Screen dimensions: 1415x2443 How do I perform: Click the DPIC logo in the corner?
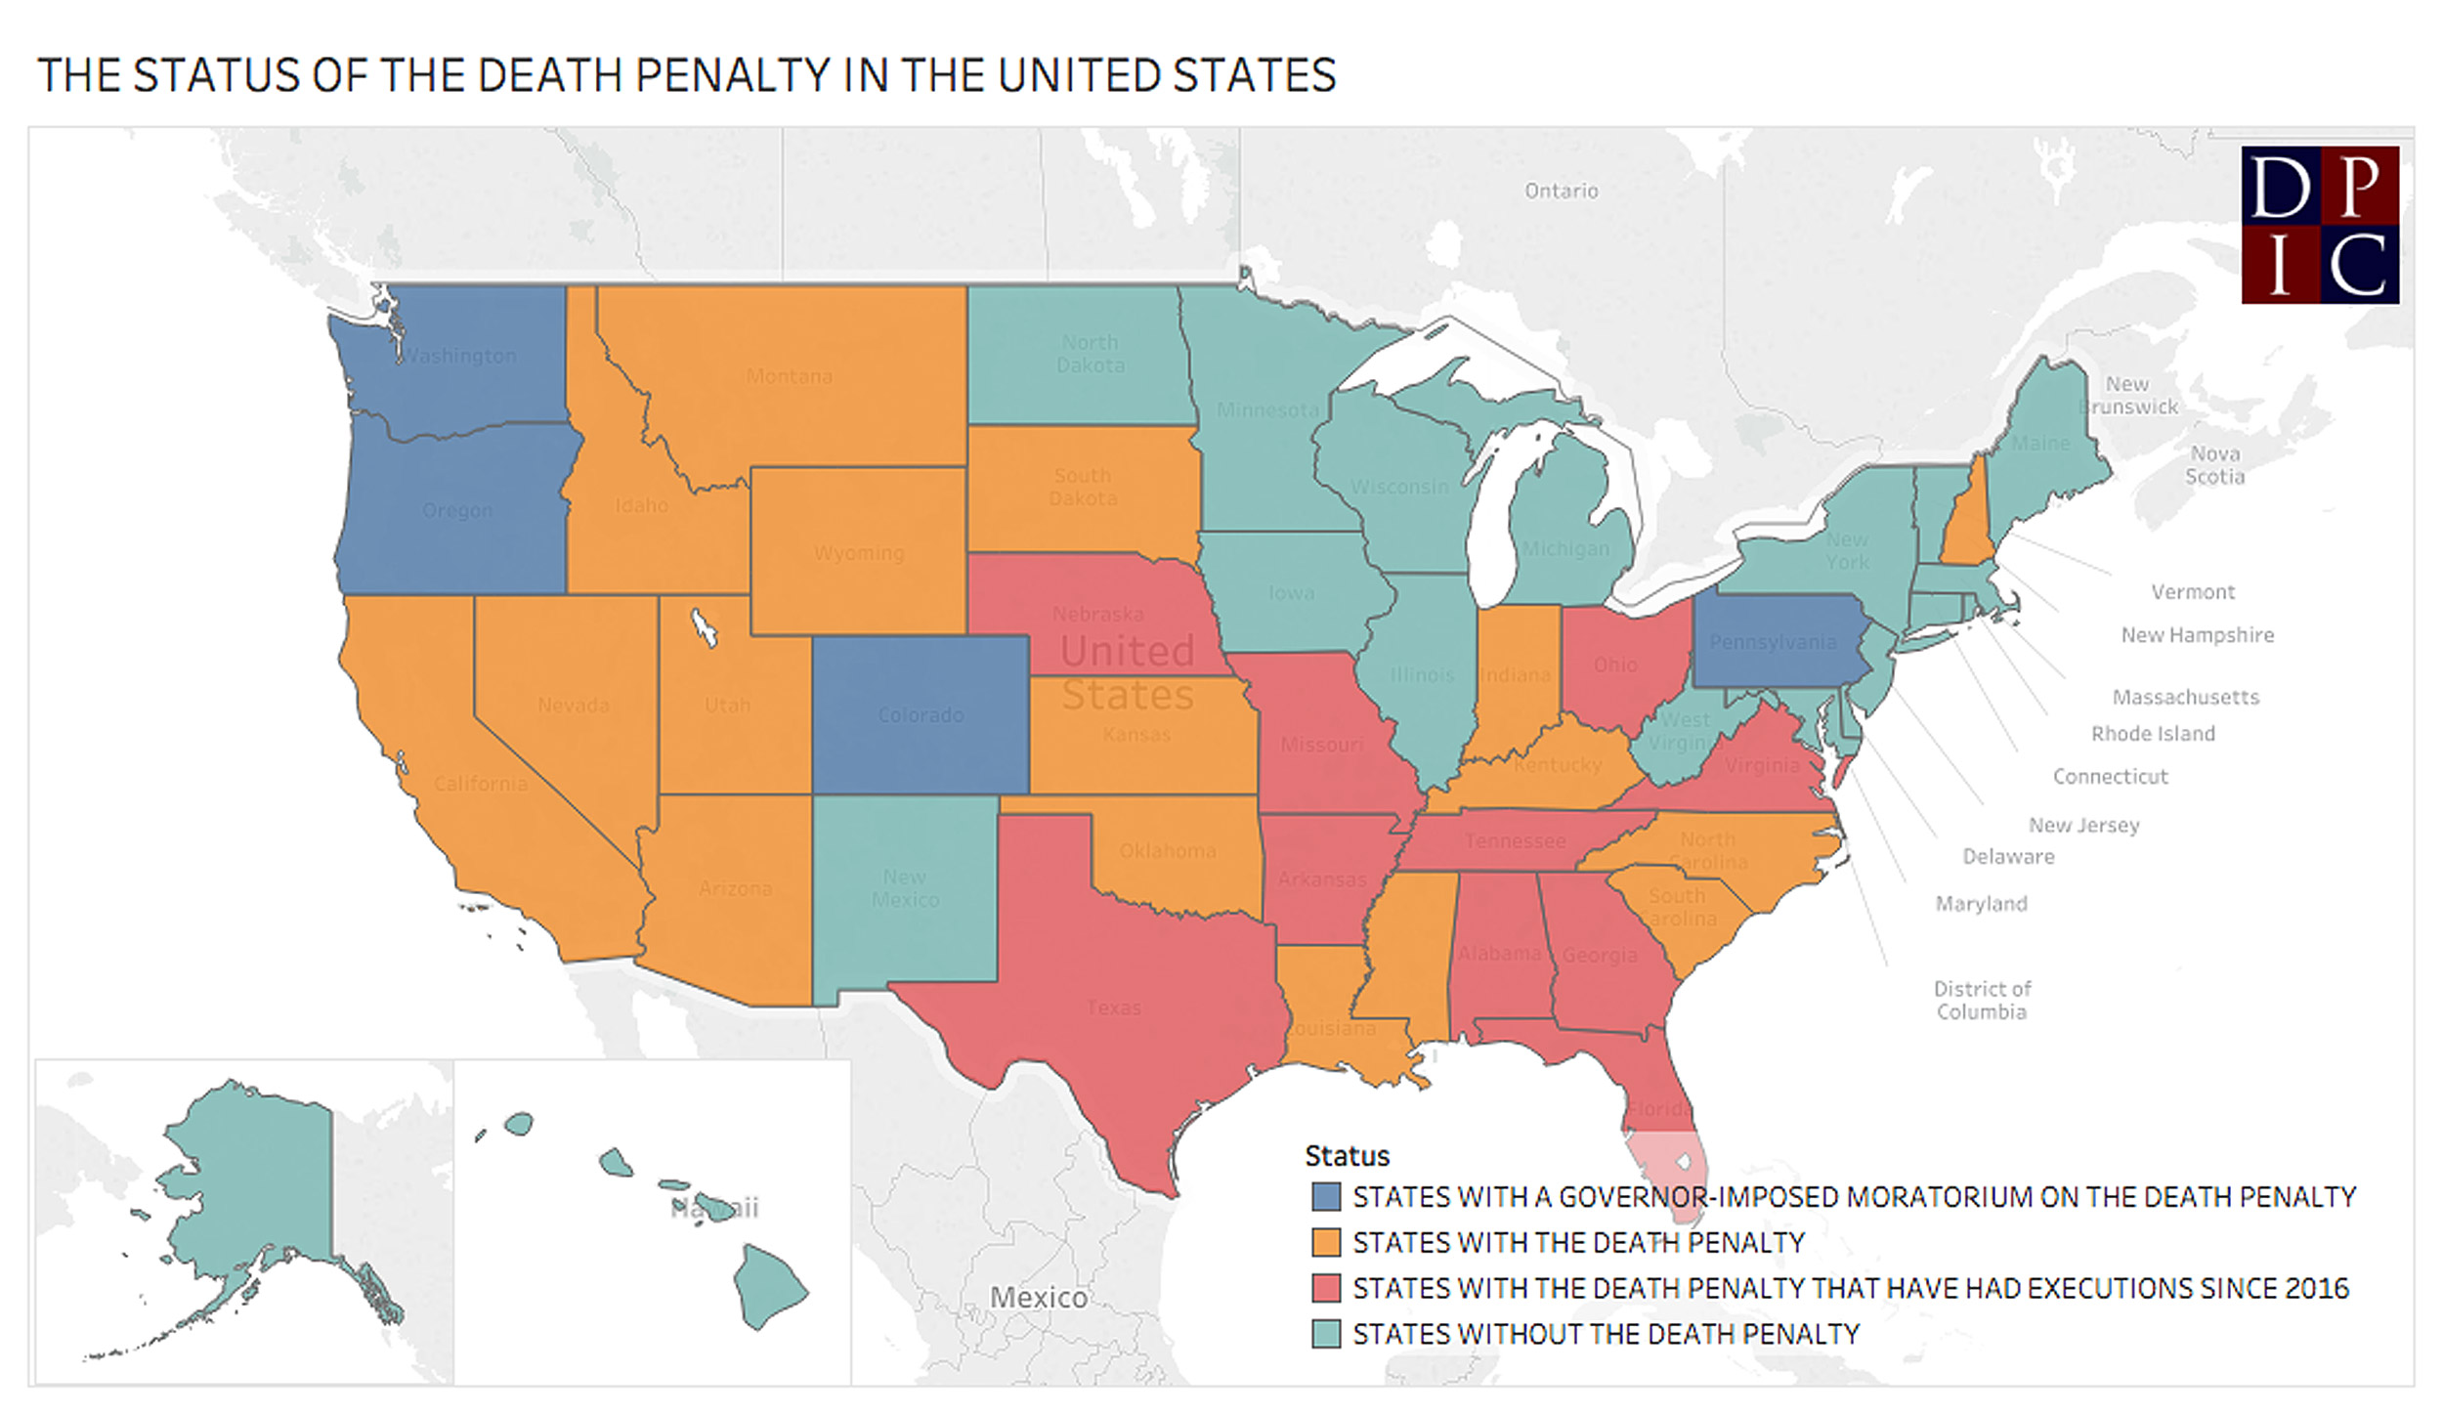pos(2320,225)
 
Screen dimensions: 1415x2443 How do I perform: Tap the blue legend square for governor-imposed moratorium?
pos(1326,1197)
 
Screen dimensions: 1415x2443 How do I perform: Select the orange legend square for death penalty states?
pos(1326,1243)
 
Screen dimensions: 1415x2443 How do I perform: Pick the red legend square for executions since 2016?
pos(1326,1289)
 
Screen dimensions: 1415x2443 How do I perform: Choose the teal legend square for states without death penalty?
pos(1326,1335)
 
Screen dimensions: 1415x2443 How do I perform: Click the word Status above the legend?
pos(1347,1156)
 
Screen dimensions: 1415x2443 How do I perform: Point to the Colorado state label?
pos(920,715)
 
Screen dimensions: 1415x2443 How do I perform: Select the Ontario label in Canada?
pos(1561,191)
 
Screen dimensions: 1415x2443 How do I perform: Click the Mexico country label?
pos(1038,1298)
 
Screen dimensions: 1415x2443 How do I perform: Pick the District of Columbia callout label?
pos(1982,1001)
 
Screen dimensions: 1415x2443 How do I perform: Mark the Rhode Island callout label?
pos(2153,734)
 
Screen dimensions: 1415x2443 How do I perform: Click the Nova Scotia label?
pos(2214,465)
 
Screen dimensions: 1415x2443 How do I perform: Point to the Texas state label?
pos(1113,1008)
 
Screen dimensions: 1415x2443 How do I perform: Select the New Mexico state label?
pos(905,888)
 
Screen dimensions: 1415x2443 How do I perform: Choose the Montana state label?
pos(789,376)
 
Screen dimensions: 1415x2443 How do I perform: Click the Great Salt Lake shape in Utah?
pos(704,626)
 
